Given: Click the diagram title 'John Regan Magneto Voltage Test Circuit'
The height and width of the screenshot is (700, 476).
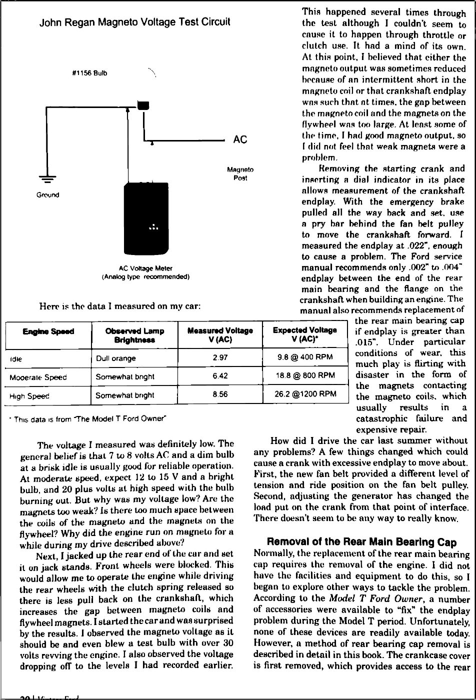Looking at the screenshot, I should (135, 22).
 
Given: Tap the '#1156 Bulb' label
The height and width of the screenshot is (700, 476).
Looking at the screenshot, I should (90, 73).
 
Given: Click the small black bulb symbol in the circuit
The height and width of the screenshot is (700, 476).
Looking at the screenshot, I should (143, 105).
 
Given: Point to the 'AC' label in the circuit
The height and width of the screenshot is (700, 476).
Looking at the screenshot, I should (240, 139).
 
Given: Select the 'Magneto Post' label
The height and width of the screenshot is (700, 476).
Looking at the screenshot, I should (240, 174).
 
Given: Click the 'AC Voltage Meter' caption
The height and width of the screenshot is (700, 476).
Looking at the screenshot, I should (145, 268).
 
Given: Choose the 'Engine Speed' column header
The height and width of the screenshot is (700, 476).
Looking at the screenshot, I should (48, 331).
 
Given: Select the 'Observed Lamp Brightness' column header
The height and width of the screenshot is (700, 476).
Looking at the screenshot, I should (135, 335).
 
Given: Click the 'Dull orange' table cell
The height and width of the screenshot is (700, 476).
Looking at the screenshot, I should (116, 358).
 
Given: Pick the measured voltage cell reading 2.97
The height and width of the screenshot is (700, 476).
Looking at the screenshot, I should (220, 358).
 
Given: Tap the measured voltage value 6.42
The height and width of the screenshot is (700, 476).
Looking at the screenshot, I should (220, 376).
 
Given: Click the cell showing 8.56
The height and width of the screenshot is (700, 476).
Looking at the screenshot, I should (220, 394).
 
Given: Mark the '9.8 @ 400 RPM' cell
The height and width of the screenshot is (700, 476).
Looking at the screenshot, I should (305, 358).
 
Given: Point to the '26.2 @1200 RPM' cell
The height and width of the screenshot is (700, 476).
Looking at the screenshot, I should (305, 394).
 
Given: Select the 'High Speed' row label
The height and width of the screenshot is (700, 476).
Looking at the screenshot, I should (29, 395).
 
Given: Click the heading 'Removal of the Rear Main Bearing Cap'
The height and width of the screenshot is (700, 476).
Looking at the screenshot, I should (361, 542).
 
